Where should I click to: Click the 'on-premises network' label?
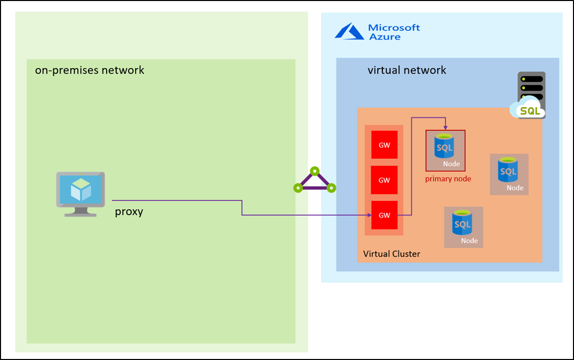click(x=89, y=70)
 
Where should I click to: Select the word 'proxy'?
click(x=129, y=212)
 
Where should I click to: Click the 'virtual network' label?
click(x=407, y=70)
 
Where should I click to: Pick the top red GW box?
click(x=384, y=145)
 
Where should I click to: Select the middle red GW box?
click(x=384, y=180)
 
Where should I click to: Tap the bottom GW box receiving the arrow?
click(x=384, y=215)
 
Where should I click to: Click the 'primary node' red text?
click(x=448, y=179)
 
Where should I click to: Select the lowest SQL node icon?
click(x=463, y=227)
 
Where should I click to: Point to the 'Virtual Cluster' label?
click(x=391, y=254)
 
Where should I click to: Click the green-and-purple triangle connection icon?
click(x=315, y=181)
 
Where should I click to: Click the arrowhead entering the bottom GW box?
click(x=368, y=215)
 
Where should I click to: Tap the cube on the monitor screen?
click(x=80, y=190)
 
